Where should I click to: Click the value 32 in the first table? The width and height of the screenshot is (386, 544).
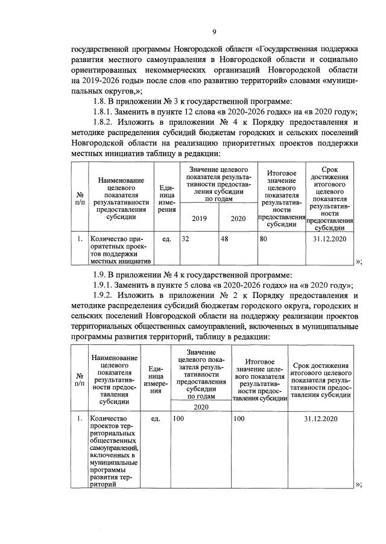point(186,239)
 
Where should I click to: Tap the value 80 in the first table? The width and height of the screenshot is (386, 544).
point(264,239)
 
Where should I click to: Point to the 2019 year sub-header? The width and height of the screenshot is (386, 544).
point(199,219)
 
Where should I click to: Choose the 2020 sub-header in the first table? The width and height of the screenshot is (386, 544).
point(238,219)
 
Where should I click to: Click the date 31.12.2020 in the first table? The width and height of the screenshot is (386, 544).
point(330,239)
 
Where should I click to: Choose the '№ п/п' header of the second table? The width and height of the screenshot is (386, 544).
point(79,378)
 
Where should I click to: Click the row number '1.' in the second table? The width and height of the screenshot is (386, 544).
point(79,418)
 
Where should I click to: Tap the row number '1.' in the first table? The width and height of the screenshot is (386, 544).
point(80,239)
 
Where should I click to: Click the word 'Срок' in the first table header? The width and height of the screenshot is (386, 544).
point(330,171)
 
